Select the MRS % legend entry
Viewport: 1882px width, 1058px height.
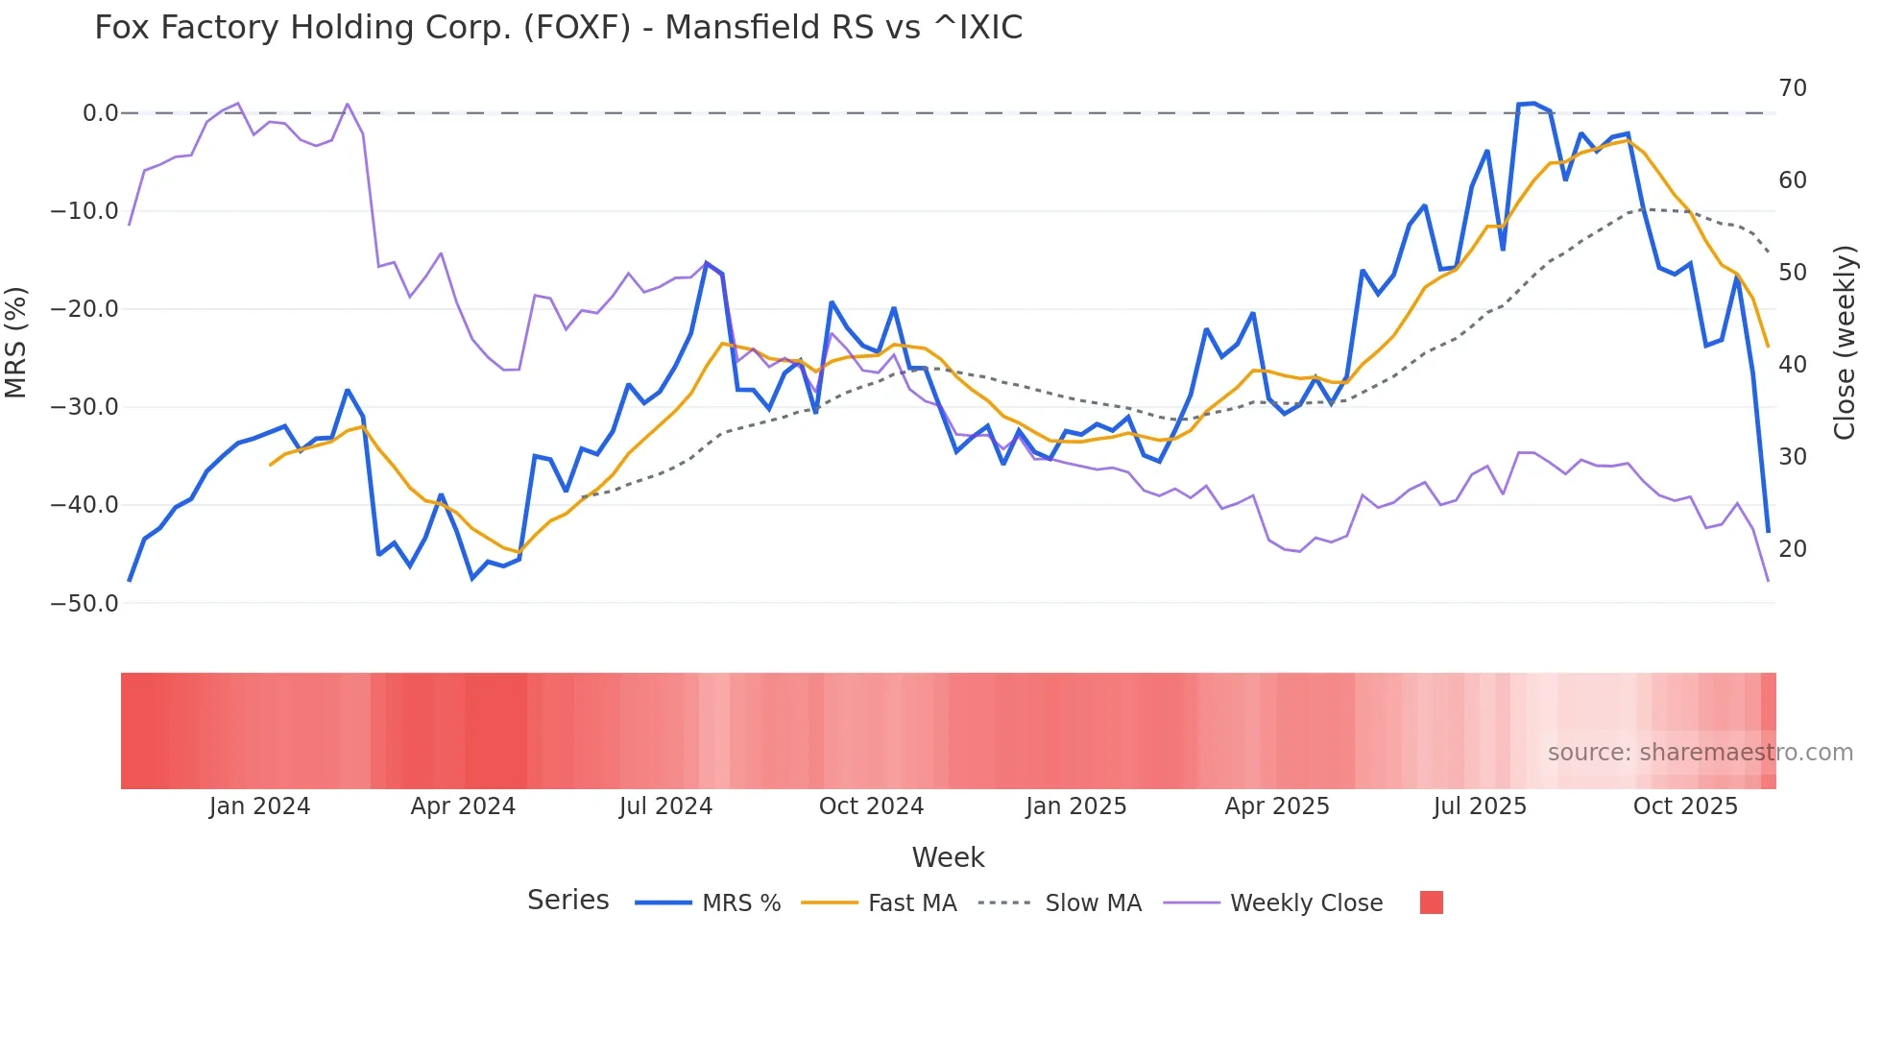tap(740, 903)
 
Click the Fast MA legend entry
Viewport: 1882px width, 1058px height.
tap(911, 903)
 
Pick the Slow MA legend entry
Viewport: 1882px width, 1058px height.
tap(1093, 903)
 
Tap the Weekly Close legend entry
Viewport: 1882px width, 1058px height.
tap(1306, 903)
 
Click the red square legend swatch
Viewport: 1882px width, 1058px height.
tap(1431, 902)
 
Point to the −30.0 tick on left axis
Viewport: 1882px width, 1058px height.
tap(84, 407)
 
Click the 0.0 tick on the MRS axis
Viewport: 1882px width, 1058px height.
tap(100, 113)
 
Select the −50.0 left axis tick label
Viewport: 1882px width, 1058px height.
tap(84, 604)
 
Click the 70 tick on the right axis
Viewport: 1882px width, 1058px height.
tap(1792, 88)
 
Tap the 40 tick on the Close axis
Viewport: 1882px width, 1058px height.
tap(1792, 365)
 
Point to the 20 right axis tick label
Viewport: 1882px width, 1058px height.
tap(1792, 549)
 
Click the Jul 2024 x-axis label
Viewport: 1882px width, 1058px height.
tap(665, 806)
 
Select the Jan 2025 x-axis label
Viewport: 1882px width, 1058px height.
tap(1075, 806)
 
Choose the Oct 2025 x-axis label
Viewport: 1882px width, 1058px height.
tap(1685, 806)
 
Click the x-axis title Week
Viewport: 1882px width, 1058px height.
tap(948, 857)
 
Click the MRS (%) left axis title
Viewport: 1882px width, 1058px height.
tap(15, 343)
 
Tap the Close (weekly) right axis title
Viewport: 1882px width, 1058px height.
tap(1845, 343)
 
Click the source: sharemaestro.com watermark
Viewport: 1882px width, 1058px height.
tap(1700, 753)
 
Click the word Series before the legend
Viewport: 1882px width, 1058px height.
tap(567, 901)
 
